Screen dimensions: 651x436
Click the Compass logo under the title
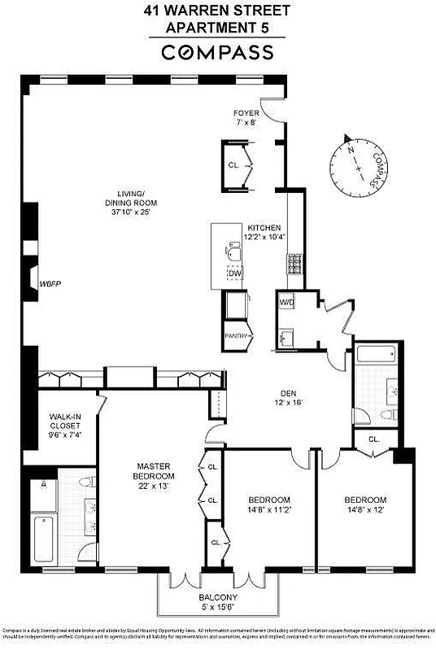(217, 53)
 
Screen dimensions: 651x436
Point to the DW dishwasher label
(234, 273)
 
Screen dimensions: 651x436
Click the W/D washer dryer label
(286, 303)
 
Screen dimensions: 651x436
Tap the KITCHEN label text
(264, 228)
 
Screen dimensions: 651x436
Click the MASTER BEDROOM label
(155, 470)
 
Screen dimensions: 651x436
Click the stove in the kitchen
(294, 265)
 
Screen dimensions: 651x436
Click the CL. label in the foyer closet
(233, 165)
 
